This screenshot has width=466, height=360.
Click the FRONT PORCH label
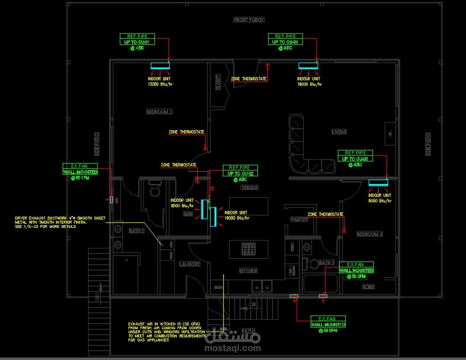(x=249, y=20)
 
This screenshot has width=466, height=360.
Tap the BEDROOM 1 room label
(x=159, y=112)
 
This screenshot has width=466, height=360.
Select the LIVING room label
(x=339, y=132)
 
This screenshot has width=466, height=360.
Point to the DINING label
(x=250, y=187)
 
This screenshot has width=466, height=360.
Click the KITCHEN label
(x=248, y=271)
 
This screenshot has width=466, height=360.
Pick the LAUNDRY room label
(x=190, y=264)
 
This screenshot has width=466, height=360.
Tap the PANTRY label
(x=300, y=220)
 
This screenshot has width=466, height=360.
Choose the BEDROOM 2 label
(x=370, y=234)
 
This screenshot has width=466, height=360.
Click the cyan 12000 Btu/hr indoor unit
(x=160, y=65)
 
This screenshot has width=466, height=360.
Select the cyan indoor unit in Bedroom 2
(x=378, y=182)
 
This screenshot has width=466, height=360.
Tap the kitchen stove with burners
(x=249, y=249)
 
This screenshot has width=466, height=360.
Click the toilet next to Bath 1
(x=155, y=190)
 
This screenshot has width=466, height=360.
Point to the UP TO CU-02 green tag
(x=240, y=173)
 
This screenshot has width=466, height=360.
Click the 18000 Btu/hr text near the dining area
(x=237, y=218)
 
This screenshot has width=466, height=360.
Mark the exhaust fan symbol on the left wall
(x=111, y=199)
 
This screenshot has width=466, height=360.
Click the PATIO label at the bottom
(x=248, y=331)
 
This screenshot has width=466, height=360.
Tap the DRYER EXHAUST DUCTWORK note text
(x=60, y=222)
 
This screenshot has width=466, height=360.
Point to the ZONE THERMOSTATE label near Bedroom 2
(x=325, y=214)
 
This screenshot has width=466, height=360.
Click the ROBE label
(x=368, y=287)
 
